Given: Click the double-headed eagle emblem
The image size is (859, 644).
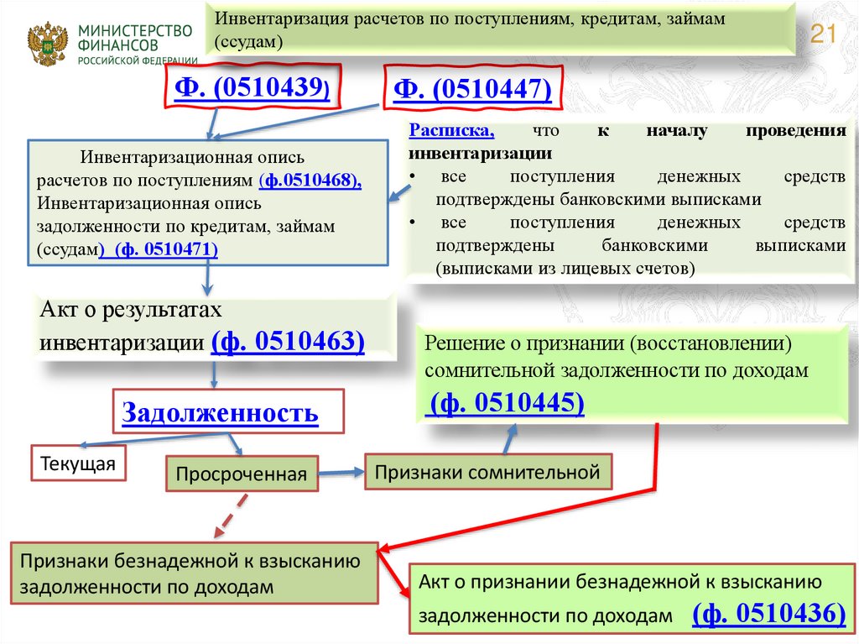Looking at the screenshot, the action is [x=48, y=45].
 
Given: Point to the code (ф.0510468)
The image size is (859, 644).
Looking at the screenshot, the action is [x=310, y=181].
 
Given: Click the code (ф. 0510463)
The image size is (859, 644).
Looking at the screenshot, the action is [x=288, y=342].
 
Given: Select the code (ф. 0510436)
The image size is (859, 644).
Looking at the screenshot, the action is [x=768, y=614].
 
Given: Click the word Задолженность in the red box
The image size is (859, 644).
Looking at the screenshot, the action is [x=221, y=412].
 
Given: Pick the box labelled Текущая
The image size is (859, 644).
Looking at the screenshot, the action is [x=78, y=463].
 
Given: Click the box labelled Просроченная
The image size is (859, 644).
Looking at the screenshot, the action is [x=242, y=474].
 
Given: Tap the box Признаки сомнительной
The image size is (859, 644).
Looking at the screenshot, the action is [x=487, y=472].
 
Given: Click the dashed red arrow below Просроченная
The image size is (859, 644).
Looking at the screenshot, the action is [x=231, y=515].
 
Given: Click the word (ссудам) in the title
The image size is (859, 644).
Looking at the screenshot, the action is [x=248, y=41].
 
